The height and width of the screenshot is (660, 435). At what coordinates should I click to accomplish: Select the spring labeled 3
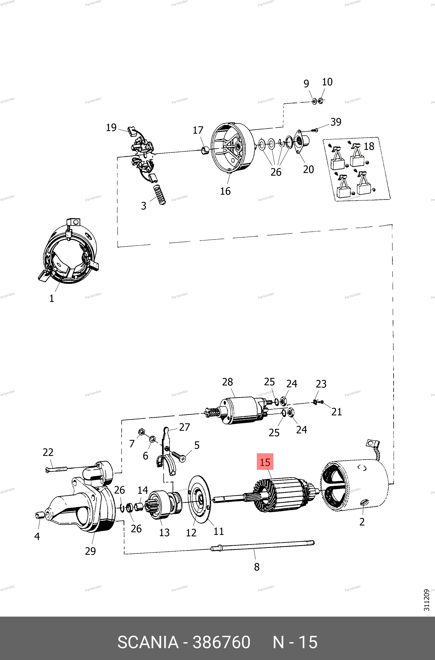click(x=160, y=194)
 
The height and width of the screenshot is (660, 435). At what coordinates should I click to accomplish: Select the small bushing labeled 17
click(x=205, y=151)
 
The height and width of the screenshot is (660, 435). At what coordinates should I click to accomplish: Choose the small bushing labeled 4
click(x=38, y=515)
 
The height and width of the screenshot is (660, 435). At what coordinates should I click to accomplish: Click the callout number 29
click(x=90, y=551)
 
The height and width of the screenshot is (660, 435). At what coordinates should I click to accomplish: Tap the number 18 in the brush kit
click(x=369, y=146)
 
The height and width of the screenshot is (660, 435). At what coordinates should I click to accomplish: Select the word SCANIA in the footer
click(x=148, y=642)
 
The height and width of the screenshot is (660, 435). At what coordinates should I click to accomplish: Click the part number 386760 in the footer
click(x=221, y=642)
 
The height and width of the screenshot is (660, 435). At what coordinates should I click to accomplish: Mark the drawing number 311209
click(x=426, y=600)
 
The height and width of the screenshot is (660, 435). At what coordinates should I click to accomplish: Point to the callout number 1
click(x=52, y=298)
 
